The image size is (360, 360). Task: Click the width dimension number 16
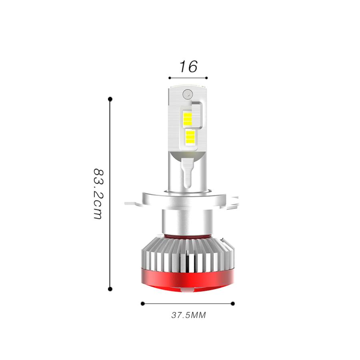click(188, 66)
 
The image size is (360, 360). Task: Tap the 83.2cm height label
click(98, 193)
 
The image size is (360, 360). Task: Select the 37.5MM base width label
click(188, 315)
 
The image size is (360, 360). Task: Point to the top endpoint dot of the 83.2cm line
click(110, 98)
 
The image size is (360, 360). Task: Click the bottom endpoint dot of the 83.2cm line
click(110, 288)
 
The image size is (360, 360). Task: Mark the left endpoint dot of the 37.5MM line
click(142, 304)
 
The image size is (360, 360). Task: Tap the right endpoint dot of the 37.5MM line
click(233, 304)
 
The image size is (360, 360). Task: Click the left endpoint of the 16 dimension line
click(170, 78)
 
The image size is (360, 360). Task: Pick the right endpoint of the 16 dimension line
click(207, 78)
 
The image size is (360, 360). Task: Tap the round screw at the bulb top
click(186, 94)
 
